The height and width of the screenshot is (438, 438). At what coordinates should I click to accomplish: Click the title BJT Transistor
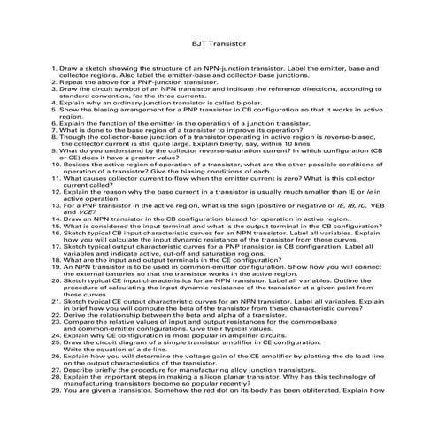click(219, 42)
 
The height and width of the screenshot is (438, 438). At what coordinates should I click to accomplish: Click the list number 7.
click(55, 130)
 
